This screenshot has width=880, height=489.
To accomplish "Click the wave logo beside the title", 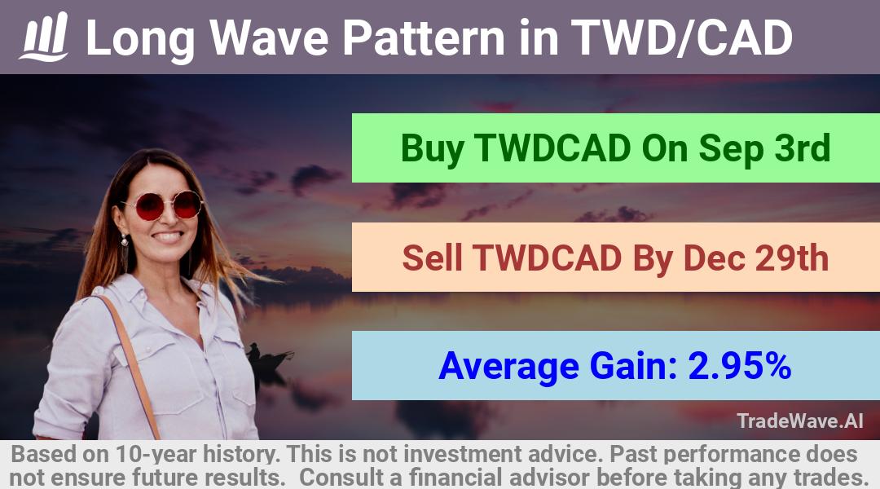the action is coord(44,37).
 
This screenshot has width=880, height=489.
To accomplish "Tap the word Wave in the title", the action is coord(269,37).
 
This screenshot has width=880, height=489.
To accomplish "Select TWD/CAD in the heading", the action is coord(681,37).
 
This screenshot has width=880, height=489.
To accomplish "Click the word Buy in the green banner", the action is coord(432,149).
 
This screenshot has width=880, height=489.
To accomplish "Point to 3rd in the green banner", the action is coord(802,148).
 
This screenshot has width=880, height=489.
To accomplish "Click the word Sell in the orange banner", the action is coord(432,258).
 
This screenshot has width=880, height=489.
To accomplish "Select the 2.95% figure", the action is coord(739,365).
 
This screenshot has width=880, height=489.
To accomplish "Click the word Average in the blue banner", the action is coord(508,368).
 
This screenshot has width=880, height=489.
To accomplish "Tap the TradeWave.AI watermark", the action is coord(800,421).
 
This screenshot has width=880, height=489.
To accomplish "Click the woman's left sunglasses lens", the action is coord(149,206).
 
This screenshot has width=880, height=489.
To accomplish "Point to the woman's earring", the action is coord(124,240).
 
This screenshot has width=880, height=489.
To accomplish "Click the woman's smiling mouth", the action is coord(168,237).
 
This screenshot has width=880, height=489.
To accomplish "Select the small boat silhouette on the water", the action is coord(268,358).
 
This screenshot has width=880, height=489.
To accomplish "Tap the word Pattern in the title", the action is coord(424,37).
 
